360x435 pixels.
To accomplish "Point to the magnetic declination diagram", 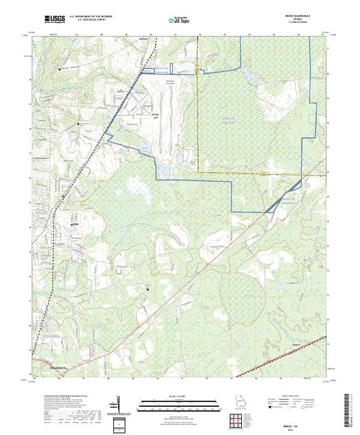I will pyautogui.click(x=119, y=403).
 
